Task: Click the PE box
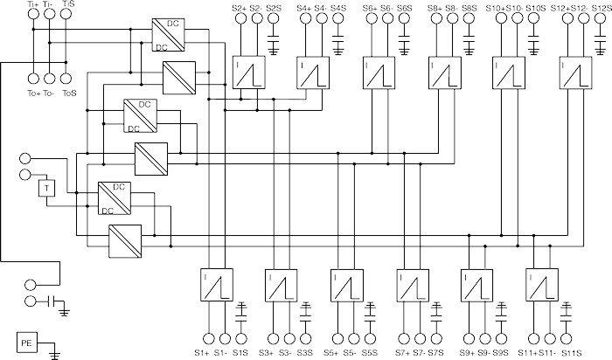28,343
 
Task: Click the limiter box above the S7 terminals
410,284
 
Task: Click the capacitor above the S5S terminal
370,308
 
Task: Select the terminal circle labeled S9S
499,338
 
